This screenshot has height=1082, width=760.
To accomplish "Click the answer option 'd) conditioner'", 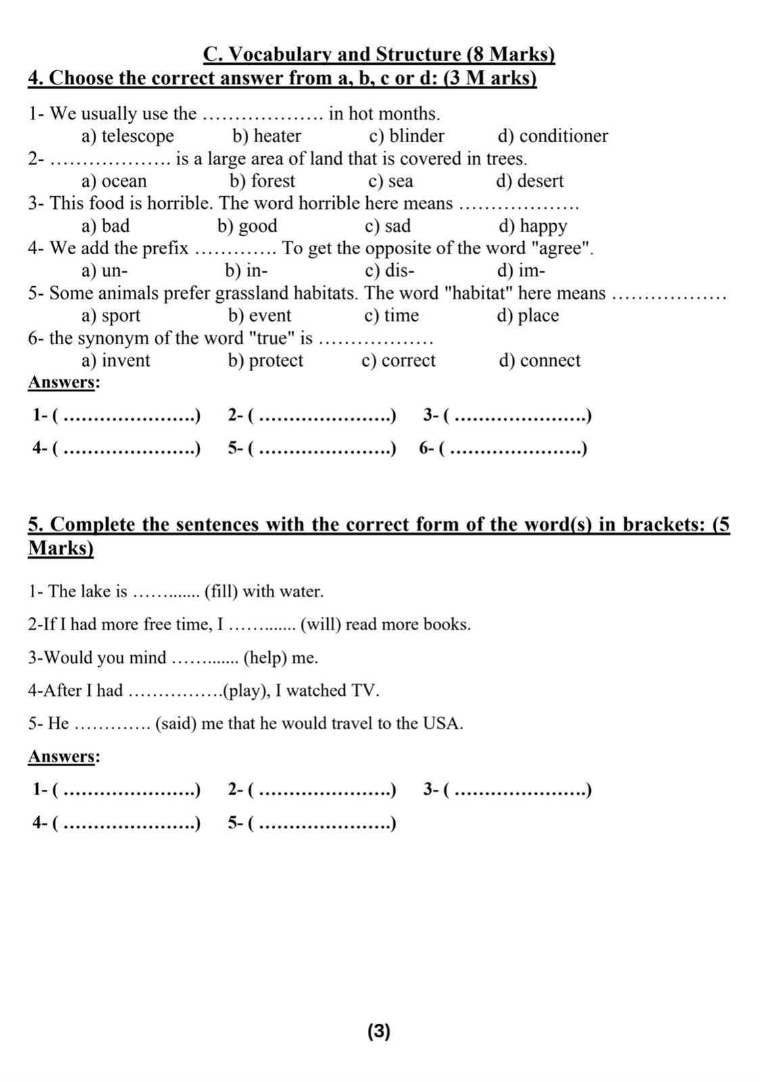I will [552, 136].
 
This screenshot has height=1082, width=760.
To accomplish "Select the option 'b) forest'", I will [262, 181].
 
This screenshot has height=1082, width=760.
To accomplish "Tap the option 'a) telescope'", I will [128, 136].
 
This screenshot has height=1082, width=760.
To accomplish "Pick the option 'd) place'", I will [527, 316].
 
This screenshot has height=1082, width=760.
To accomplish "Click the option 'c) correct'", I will [398, 360].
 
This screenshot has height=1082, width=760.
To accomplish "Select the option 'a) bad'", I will [105, 226].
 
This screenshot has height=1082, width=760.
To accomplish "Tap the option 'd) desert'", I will [529, 181].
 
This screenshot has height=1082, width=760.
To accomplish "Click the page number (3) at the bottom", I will [379, 1031].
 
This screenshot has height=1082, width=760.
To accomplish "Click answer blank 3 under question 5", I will [521, 790].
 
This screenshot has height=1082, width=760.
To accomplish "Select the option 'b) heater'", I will [267, 136].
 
